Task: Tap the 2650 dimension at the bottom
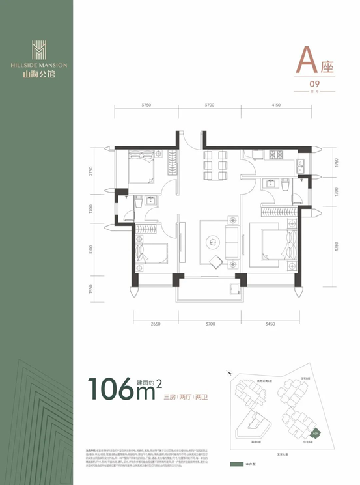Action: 153,324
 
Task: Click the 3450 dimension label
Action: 271,324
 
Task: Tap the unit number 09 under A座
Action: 314,83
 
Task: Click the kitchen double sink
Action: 300,167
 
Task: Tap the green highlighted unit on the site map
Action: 315,431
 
